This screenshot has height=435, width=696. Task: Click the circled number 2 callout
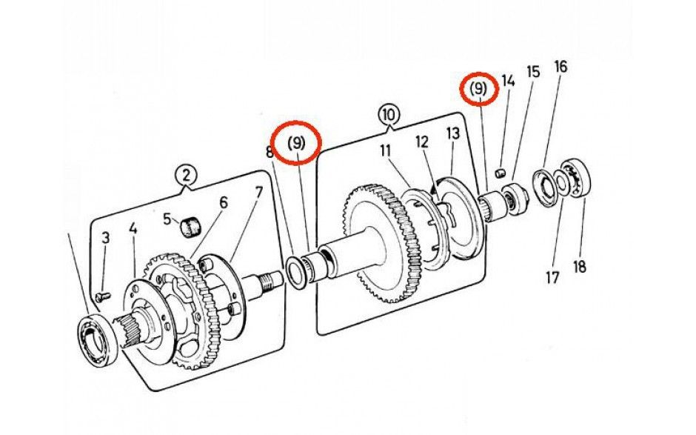[186, 175]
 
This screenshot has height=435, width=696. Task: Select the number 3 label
[106, 238]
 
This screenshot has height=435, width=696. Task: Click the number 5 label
[167, 219]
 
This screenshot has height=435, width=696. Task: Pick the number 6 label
[223, 202]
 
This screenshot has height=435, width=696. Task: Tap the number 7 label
[258, 194]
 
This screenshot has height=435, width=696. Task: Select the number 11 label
[386, 150]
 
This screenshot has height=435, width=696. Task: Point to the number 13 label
[453, 133]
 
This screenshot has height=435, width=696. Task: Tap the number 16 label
[561, 67]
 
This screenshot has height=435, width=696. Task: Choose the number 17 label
[552, 278]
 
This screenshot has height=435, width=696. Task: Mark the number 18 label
[580, 266]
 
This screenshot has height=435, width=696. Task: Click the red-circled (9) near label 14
[478, 90]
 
